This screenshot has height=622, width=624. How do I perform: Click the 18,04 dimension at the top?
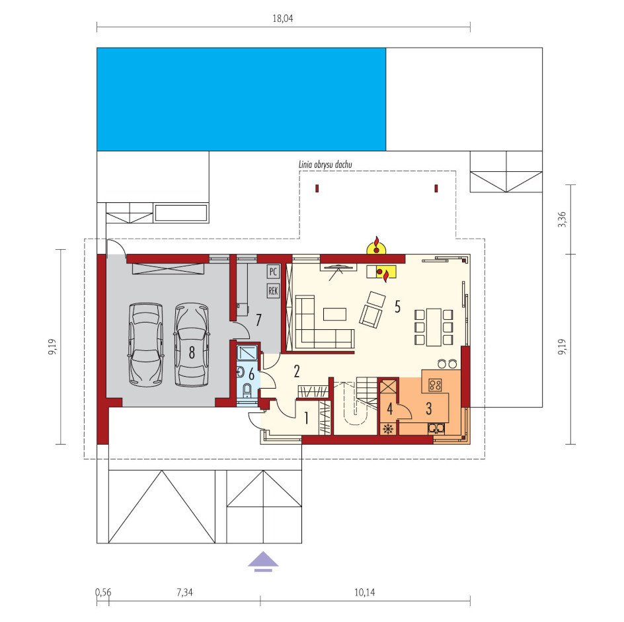tap(282, 19)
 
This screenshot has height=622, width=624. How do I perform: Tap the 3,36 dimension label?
tap(561, 219)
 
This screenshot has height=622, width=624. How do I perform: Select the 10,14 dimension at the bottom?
tap(364, 592)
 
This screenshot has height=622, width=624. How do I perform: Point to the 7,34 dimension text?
tap(184, 592)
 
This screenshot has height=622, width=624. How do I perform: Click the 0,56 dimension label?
tap(104, 592)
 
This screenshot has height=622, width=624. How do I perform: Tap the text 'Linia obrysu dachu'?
tap(325, 165)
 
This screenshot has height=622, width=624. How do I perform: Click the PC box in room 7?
tap(273, 272)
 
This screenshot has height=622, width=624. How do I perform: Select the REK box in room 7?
tap(273, 291)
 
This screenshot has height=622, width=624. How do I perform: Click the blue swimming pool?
tap(241, 100)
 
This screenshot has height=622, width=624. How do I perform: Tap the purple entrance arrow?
tap(263, 561)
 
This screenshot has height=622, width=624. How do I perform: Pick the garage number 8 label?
tap(192, 352)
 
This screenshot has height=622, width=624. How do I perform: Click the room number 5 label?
tap(397, 307)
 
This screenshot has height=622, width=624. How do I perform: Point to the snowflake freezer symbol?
tap(388, 428)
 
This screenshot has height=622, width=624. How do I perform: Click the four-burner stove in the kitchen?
tap(435, 385)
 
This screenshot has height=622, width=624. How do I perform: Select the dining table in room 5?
tap(434, 327)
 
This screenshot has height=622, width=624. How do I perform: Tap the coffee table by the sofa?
tap(334, 314)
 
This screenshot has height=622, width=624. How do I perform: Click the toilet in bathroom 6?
tap(247, 390)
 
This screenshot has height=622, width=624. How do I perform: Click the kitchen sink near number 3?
tap(436, 428)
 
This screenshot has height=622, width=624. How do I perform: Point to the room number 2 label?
tap(297, 371)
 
